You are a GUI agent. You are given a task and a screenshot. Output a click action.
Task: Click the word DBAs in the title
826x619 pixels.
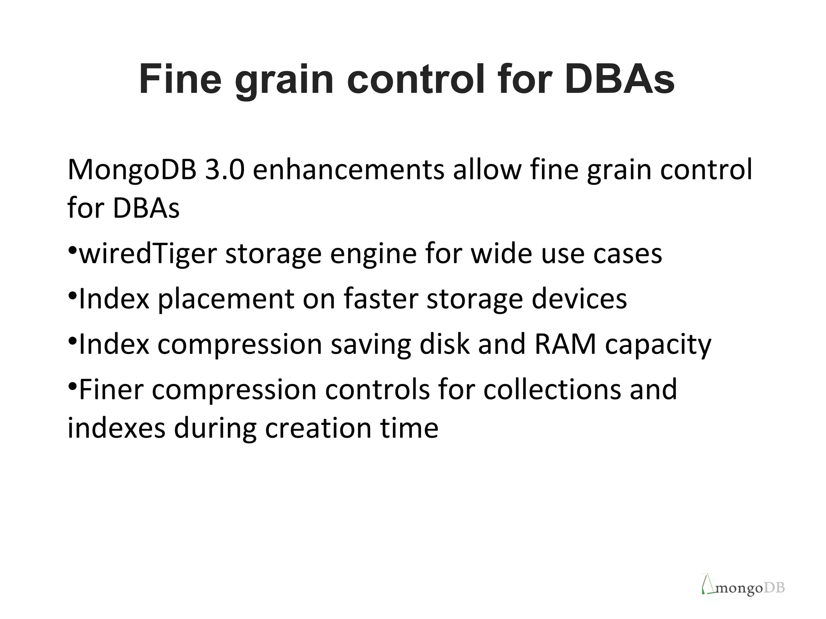(x=619, y=79)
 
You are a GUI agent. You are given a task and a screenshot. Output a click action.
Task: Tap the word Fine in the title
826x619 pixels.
(x=180, y=79)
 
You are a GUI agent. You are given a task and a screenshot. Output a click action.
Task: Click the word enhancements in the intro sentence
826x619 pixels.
(x=348, y=170)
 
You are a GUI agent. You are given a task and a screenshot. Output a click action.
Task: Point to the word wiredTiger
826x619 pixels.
(x=148, y=254)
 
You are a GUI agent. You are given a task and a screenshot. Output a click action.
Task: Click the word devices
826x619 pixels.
(x=579, y=299)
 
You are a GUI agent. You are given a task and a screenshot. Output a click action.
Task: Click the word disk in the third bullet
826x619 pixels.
(x=444, y=345)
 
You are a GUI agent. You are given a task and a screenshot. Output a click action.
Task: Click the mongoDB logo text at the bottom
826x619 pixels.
(x=749, y=588)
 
